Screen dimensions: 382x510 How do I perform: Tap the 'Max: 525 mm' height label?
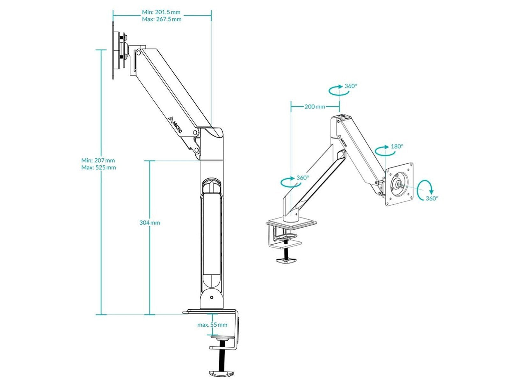(98, 167)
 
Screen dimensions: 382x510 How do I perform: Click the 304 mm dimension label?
(149, 223)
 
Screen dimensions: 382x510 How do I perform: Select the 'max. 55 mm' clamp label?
(212, 325)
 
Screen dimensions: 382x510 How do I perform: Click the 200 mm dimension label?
(315, 106)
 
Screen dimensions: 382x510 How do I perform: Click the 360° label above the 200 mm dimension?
(351, 86)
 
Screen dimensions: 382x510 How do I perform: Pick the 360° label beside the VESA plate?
(432, 198)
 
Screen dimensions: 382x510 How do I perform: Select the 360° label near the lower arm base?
(303, 178)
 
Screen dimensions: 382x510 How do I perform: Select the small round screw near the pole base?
(212, 298)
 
